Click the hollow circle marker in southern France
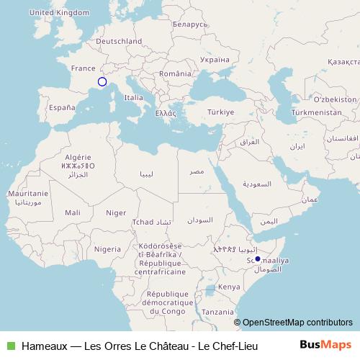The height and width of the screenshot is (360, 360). (102, 82)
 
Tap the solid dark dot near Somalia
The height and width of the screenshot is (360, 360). (258, 258)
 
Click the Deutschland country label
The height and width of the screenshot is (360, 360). (119, 42)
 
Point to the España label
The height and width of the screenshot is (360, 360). (62, 108)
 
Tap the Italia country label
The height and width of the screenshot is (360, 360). (133, 97)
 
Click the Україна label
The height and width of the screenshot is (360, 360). (215, 60)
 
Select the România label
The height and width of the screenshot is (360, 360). (176, 74)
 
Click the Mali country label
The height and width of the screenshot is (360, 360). (73, 212)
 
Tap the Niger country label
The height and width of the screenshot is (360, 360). (115, 212)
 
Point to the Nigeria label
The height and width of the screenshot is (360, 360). (107, 249)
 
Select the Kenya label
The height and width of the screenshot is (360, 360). (229, 287)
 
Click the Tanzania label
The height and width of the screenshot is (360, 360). (217, 312)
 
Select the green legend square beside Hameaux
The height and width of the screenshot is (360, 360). (10, 346)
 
